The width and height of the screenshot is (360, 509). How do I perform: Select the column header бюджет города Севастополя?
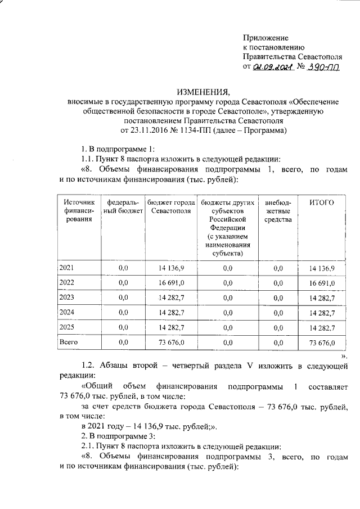[x=170, y=206]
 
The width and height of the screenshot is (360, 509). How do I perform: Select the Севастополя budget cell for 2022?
[x=170, y=283]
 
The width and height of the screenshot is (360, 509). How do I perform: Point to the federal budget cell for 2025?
[x=123, y=327]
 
